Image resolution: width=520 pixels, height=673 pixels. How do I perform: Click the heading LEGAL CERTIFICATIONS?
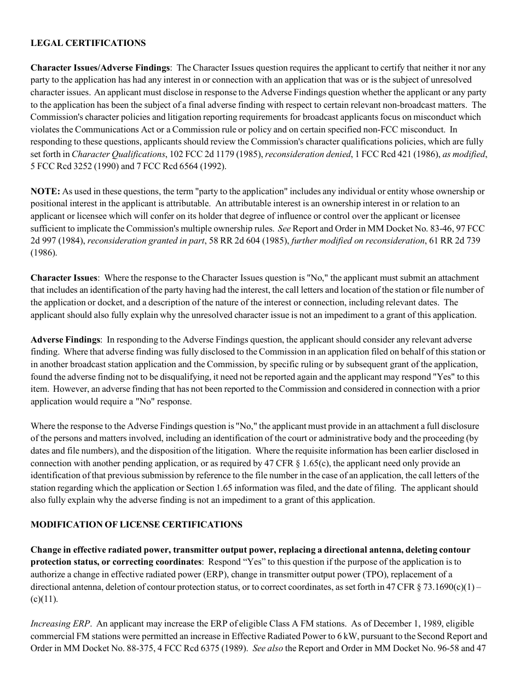[88, 43]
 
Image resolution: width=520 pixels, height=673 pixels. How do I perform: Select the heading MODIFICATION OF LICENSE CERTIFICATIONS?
[136, 524]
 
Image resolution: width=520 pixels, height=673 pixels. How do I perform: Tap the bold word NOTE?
[45, 191]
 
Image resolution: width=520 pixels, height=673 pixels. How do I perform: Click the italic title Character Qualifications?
[118, 154]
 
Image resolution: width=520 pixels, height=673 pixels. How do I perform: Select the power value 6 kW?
[357, 636]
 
